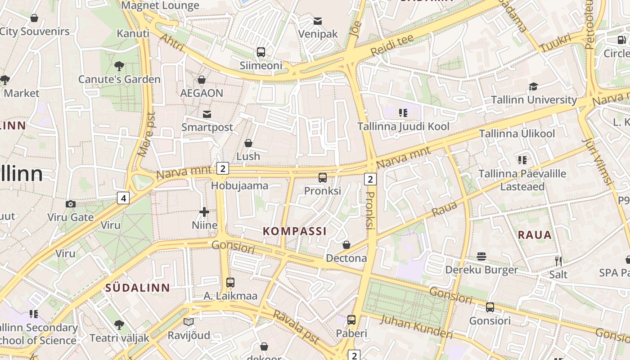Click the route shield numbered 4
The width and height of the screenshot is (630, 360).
tap(123, 198)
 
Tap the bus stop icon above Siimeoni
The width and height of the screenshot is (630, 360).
tap(261, 52)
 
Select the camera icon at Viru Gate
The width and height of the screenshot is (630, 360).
tap(71, 204)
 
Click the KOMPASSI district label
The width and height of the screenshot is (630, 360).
tap(295, 231)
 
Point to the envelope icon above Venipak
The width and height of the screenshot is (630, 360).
tap(318, 21)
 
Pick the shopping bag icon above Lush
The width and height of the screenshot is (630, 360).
tap(248, 143)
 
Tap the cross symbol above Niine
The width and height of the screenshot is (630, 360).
tap(204, 211)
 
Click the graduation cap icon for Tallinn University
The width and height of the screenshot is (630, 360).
tap(533, 86)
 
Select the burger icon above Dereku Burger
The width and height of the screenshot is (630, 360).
tap(481, 256)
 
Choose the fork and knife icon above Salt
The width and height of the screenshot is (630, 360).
tap(558, 261)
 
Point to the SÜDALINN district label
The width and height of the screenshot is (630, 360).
tap(138, 288)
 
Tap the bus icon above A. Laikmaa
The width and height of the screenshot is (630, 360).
tap(230, 283)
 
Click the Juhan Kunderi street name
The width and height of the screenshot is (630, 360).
tap(416, 327)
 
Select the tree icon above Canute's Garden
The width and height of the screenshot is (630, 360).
tap(119, 67)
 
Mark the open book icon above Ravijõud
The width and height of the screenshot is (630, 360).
tap(189, 322)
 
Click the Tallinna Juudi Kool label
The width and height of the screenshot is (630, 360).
tap(403, 126)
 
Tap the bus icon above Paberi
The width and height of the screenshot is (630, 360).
tap(351, 320)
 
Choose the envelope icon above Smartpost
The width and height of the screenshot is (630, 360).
tap(207, 114)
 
